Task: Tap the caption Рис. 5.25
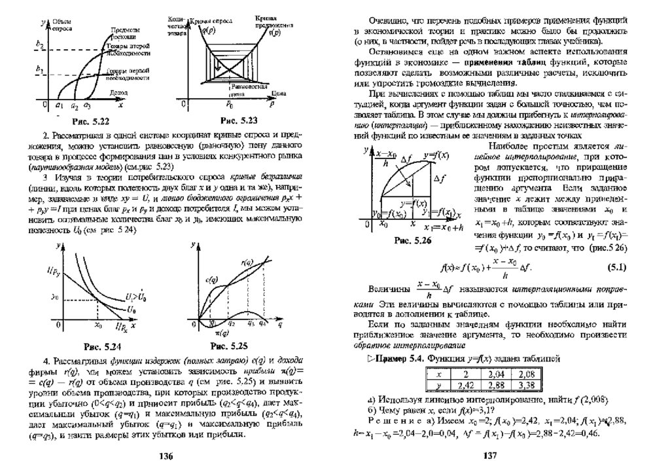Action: click(x=230, y=344)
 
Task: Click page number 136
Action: click(x=166, y=456)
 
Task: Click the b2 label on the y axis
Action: click(x=39, y=45)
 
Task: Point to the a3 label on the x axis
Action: click(x=86, y=105)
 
